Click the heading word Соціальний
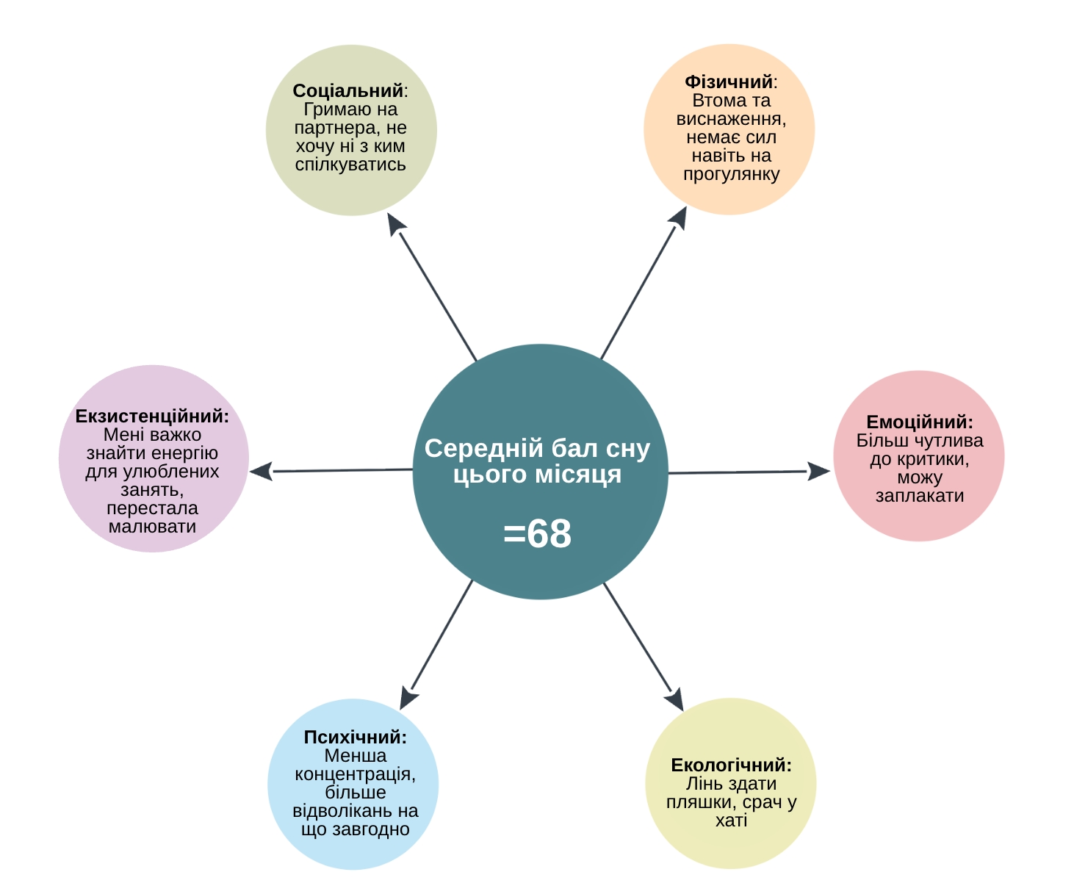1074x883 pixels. click(348, 91)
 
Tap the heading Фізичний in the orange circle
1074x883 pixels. click(728, 82)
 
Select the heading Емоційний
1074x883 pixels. click(919, 422)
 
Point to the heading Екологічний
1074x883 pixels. click(730, 765)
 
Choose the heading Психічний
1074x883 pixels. click(355, 738)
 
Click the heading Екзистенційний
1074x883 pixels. click(152, 417)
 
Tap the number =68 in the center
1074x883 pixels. click(537, 534)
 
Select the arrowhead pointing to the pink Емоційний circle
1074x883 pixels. click(818, 472)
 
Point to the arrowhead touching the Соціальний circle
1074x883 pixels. click(395, 223)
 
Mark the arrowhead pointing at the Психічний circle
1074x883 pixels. click(408, 698)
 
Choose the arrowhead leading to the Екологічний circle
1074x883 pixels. click(675, 699)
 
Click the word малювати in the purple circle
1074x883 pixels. click(152, 527)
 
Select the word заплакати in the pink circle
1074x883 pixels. click(919, 496)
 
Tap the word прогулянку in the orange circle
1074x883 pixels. click(731, 175)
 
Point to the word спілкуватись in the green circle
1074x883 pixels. click(350, 165)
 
